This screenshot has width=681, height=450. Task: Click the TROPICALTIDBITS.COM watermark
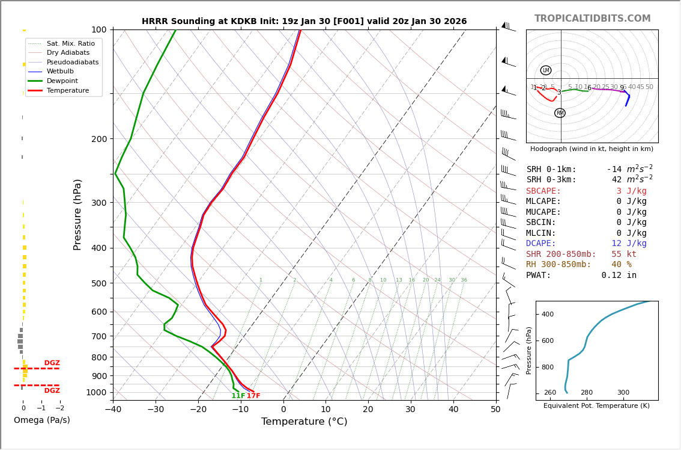pos(592,19)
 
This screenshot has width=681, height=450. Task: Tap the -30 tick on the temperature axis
pos(156,410)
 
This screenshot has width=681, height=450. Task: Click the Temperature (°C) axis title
pos(304,422)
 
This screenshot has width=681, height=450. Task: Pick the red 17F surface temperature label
pos(253,396)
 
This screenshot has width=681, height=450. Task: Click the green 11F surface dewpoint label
pos(238,396)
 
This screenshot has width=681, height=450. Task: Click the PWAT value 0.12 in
pos(619,275)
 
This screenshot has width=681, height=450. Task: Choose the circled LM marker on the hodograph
pos(546,70)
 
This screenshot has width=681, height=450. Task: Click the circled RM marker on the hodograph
pos(560,113)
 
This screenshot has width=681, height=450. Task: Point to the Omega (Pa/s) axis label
pos(41,420)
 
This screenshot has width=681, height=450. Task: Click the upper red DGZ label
pos(52,363)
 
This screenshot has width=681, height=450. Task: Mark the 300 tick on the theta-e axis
pos(623,393)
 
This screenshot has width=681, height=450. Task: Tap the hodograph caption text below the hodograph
pos(592,149)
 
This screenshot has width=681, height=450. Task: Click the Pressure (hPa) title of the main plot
pos(78,214)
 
